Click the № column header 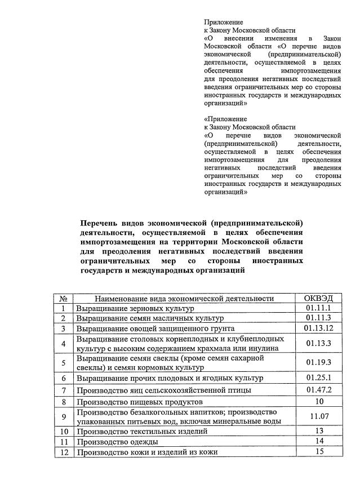(x=64, y=298)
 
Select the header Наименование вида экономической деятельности (x=184, y=298)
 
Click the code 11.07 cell (x=319, y=416)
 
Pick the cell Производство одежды (x=117, y=441)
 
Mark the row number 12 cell (x=64, y=452)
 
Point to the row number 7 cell (x=64, y=390)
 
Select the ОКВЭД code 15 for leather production (x=319, y=451)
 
